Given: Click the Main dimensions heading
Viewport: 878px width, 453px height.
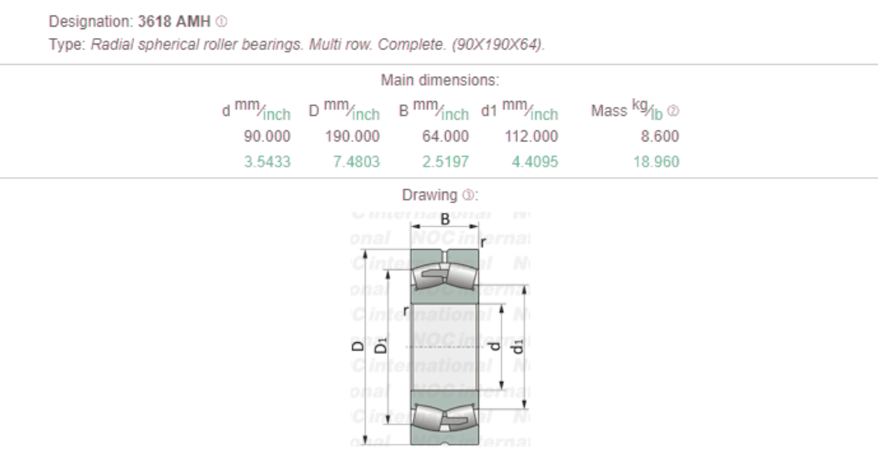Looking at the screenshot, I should tap(439, 81).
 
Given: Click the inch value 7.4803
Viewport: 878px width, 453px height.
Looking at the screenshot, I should tap(357, 162).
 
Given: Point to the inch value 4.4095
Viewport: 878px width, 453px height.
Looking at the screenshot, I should tap(534, 162).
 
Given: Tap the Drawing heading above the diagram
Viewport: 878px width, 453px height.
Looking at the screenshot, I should tap(439, 195).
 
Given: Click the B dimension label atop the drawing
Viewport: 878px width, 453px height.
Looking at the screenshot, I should tap(443, 218).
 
